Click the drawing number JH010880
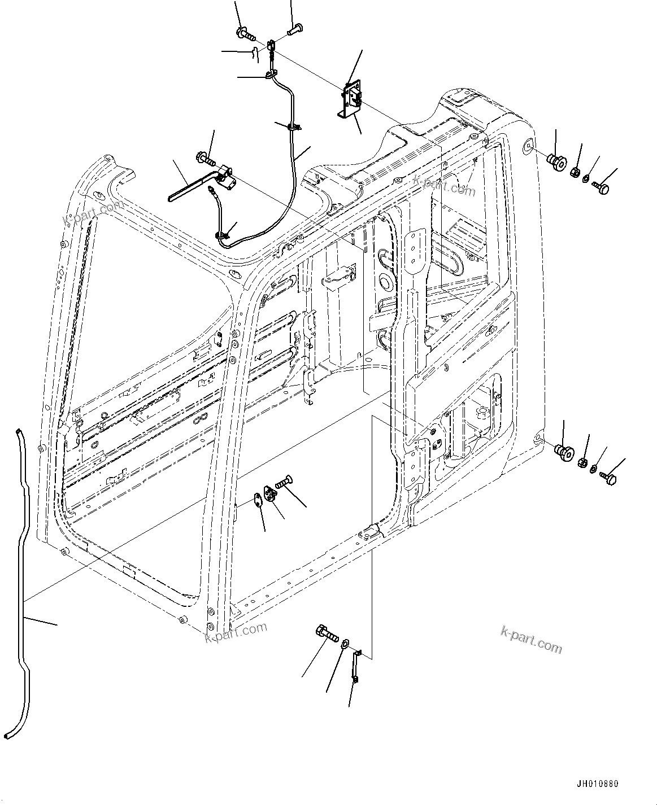click(x=597, y=784)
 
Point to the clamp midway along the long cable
click(x=293, y=128)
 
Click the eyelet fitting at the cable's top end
click(x=272, y=45)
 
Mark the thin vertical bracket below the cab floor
click(x=356, y=666)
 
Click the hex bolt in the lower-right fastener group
click(x=608, y=478)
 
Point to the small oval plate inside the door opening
click(x=258, y=499)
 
